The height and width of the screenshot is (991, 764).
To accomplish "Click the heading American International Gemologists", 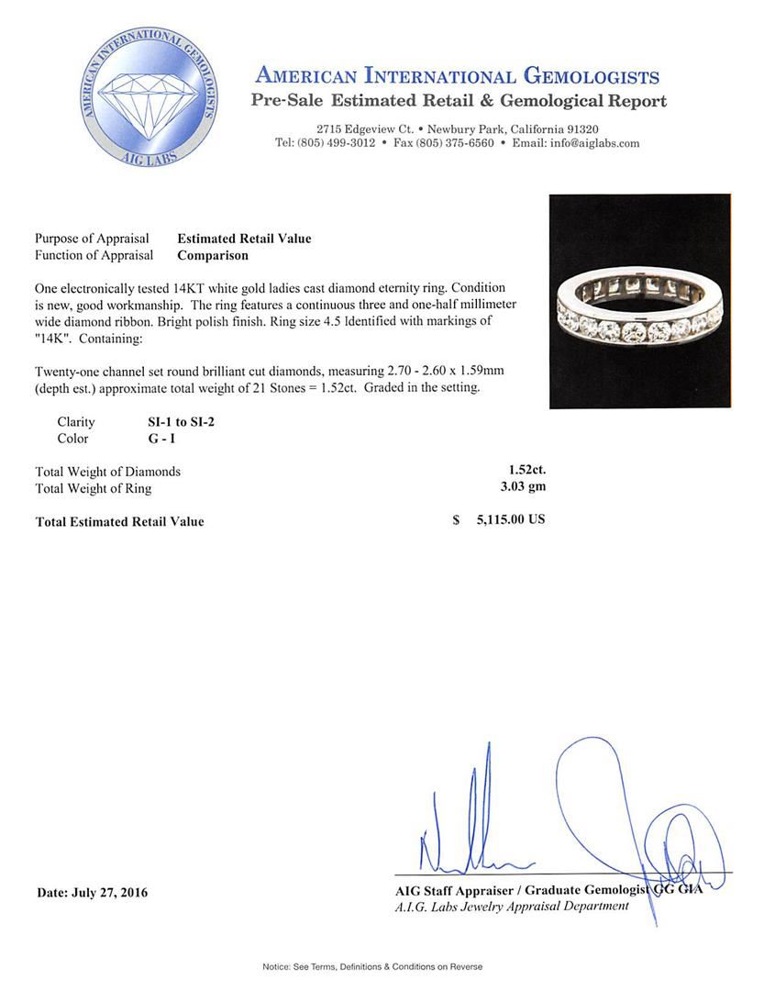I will [x=457, y=76].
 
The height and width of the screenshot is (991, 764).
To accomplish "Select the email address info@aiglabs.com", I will [x=588, y=143].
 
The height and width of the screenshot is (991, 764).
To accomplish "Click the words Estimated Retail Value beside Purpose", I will [x=244, y=239].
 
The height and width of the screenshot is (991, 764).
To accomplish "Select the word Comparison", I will [x=212, y=256].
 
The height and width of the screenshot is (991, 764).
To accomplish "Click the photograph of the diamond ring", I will [x=639, y=301].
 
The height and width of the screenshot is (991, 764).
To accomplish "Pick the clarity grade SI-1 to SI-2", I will [x=174, y=422].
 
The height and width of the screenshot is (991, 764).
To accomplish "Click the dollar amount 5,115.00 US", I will [x=510, y=519].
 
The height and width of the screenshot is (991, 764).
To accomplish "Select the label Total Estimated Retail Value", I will [x=119, y=522].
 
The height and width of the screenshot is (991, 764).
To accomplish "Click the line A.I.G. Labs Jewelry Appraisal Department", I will [x=512, y=907].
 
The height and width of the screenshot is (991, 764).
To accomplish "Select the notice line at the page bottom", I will [x=371, y=966].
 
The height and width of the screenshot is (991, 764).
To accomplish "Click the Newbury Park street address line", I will [x=457, y=129].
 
